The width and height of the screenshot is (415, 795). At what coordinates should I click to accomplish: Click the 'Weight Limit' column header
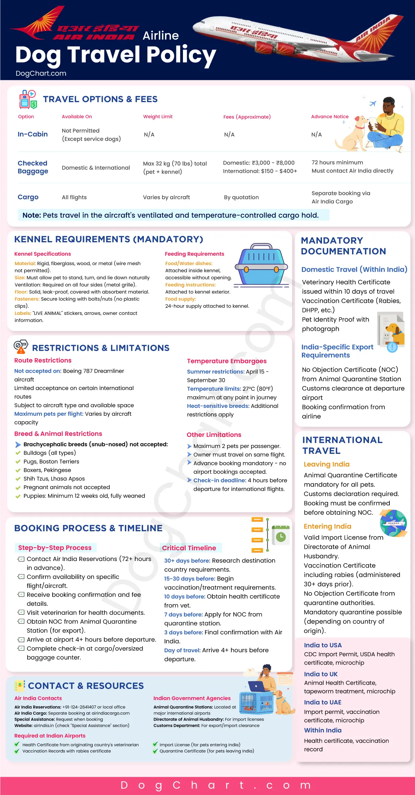click(x=158, y=116)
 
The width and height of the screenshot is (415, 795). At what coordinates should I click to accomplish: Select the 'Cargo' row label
click(x=28, y=197)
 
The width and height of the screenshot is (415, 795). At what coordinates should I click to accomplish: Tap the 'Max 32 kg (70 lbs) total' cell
click(x=175, y=163)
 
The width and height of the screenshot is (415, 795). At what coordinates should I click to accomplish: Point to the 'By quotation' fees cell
click(x=241, y=197)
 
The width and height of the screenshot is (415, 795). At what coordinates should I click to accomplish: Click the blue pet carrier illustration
click(x=261, y=264)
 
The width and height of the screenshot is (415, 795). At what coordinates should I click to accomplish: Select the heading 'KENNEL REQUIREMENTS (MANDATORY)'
click(x=109, y=239)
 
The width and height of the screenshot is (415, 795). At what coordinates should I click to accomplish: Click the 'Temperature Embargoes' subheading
click(x=227, y=361)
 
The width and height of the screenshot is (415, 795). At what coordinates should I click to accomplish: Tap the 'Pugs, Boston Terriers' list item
click(x=51, y=461)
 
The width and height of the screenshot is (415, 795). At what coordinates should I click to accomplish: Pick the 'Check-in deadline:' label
click(x=220, y=480)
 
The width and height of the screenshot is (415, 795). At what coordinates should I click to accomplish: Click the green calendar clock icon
click(x=280, y=535)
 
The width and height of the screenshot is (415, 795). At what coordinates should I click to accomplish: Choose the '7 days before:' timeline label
click(x=183, y=614)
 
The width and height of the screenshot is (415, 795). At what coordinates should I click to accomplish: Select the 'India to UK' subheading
click(x=321, y=674)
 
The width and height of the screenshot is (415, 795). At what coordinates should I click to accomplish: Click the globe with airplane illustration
click(x=393, y=523)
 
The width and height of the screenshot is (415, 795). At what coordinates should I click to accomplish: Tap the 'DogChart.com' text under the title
click(x=41, y=73)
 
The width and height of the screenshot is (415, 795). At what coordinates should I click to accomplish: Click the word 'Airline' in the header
click(x=160, y=36)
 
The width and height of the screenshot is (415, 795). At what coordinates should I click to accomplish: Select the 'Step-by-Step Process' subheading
click(x=55, y=548)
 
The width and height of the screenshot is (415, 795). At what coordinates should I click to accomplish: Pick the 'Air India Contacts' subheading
click(x=38, y=698)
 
